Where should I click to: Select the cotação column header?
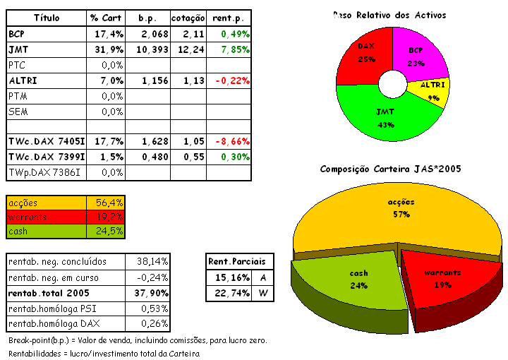click(x=188, y=17)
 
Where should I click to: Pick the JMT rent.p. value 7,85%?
click(x=230, y=49)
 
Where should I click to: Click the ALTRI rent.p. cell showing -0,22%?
click(x=230, y=80)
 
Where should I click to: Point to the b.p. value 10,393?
click(x=150, y=49)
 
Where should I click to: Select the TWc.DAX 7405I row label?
click(x=47, y=141)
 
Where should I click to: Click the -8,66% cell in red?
click(x=230, y=141)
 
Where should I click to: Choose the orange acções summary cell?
click(x=47, y=203)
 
